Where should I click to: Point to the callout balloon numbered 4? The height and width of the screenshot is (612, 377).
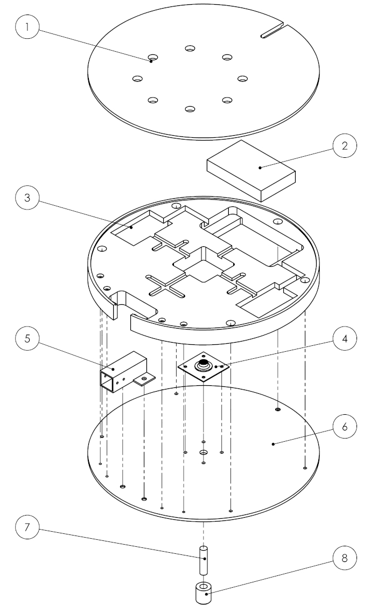click(x=345, y=339)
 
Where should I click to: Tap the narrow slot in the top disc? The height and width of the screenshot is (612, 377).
click(x=273, y=31)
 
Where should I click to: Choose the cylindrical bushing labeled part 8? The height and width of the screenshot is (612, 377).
click(x=204, y=593)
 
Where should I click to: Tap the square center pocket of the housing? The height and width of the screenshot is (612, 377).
click(x=204, y=265)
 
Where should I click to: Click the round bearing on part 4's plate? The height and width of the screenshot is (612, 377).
click(x=204, y=366)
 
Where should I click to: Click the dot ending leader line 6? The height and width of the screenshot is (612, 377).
click(x=274, y=444)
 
